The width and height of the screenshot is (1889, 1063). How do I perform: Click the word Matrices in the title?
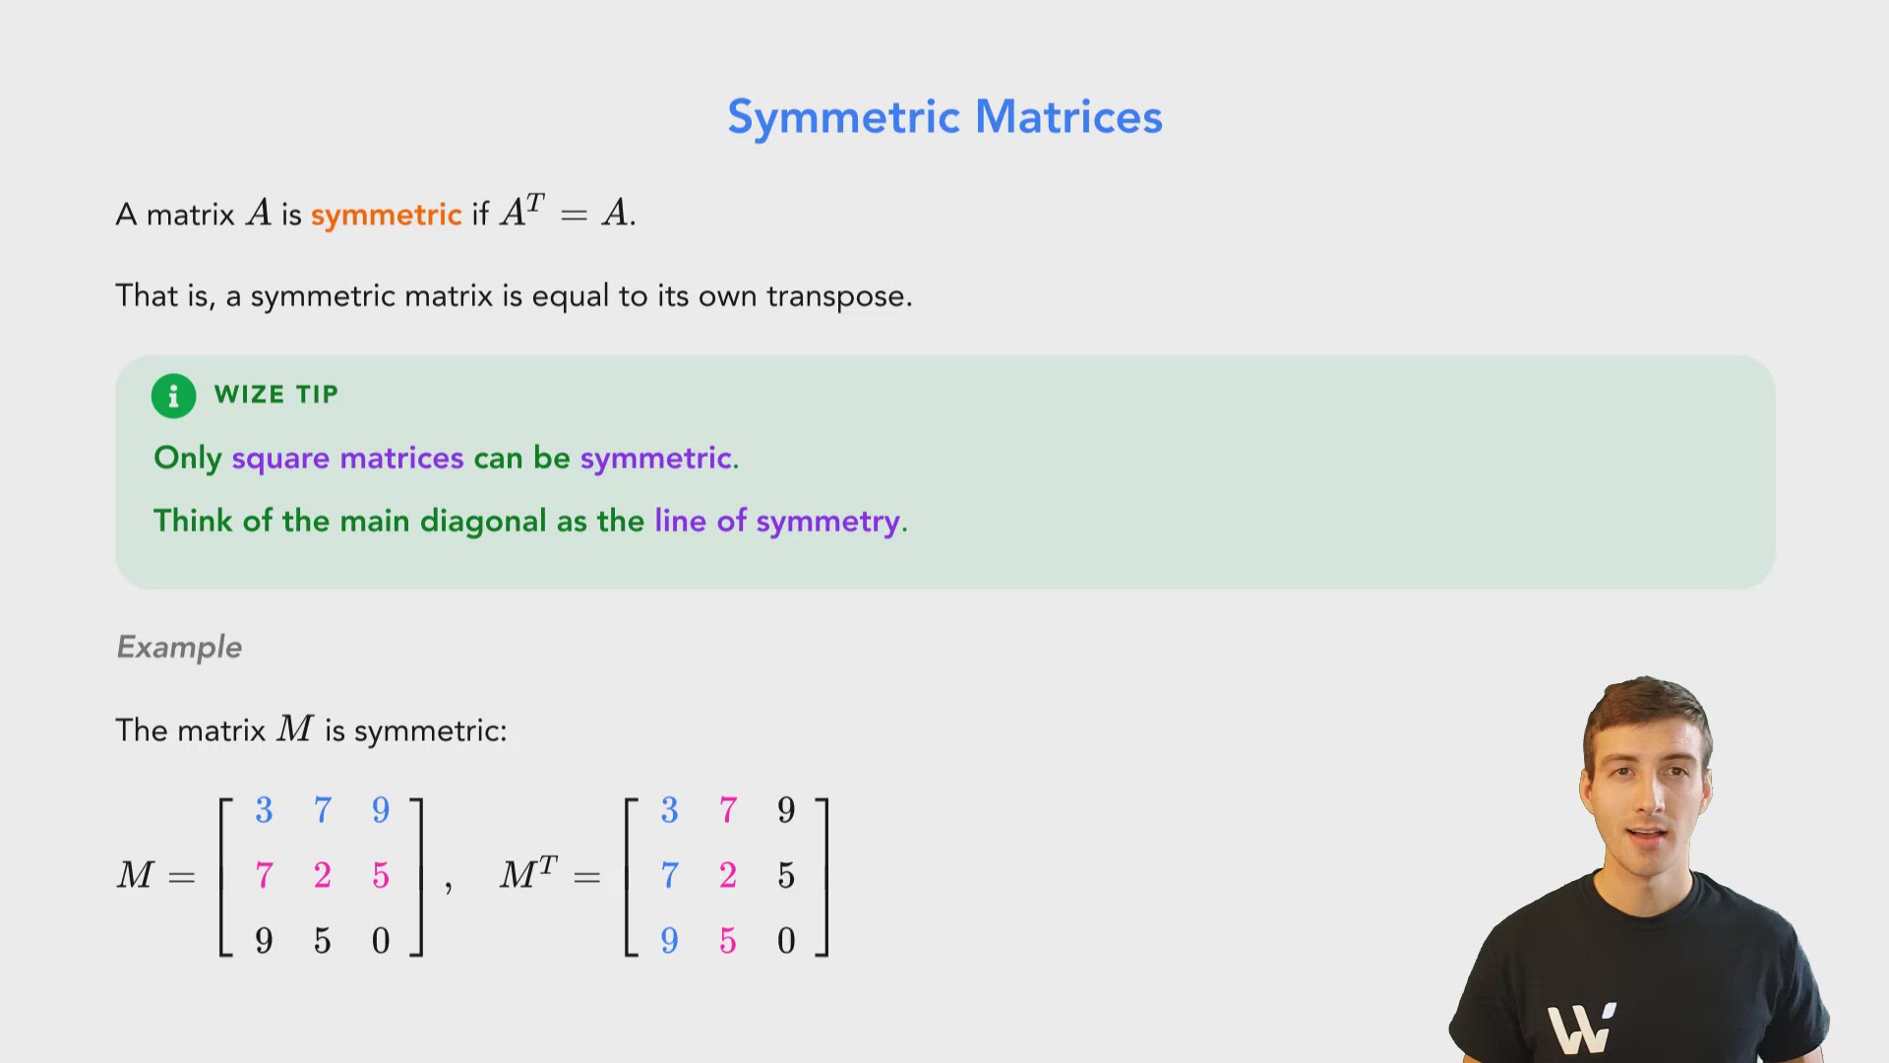[1068, 117]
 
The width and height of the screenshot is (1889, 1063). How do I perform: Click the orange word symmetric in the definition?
[386, 215]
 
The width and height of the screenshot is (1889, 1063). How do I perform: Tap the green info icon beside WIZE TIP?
[173, 396]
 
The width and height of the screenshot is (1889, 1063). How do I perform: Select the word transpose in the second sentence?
[838, 296]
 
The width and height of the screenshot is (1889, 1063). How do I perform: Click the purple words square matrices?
[347, 458]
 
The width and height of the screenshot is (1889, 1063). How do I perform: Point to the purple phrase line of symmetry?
[777, 521]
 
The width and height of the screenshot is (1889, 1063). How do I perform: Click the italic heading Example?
[179, 647]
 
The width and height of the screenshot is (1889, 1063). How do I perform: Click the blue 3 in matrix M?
[264, 810]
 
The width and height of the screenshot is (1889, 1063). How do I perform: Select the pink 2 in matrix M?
[323, 875]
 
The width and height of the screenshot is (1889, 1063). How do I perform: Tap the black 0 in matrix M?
[381, 941]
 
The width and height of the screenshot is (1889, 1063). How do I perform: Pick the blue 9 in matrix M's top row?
[381, 810]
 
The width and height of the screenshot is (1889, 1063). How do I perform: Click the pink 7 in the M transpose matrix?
[728, 810]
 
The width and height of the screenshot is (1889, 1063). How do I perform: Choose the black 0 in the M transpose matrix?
[786, 941]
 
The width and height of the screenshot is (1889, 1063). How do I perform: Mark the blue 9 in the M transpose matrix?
[669, 941]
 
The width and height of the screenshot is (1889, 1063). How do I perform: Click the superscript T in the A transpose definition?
[534, 202]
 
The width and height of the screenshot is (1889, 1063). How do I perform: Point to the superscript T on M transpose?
[548, 864]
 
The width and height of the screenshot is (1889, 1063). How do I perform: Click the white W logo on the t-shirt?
[1580, 1030]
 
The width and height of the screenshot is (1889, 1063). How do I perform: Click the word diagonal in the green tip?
[483, 521]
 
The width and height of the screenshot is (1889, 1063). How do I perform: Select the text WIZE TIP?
[276, 395]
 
